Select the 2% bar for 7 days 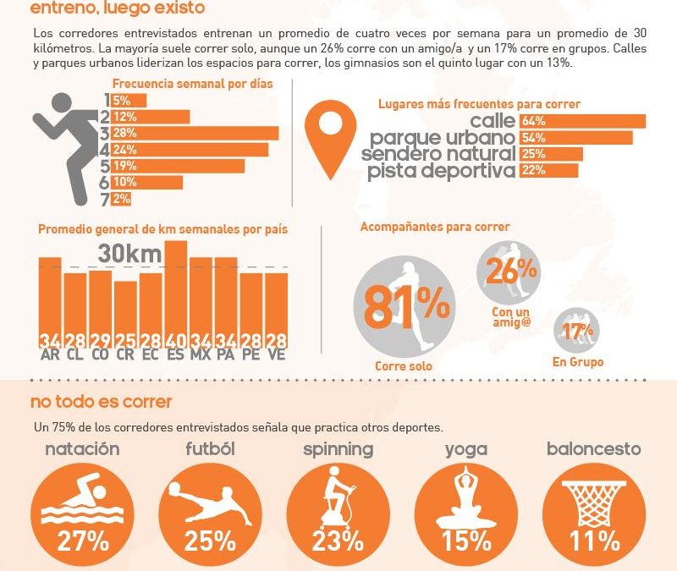121,199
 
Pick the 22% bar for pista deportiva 549,171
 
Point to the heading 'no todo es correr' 101,401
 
